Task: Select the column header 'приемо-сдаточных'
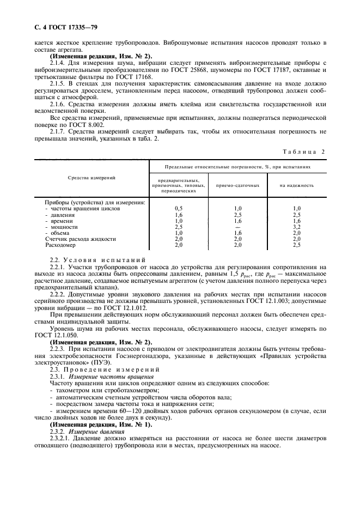237,185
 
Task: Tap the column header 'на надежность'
296,185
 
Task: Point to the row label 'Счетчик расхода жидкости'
72,239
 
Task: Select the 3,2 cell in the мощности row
296,227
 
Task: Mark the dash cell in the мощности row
237,227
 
